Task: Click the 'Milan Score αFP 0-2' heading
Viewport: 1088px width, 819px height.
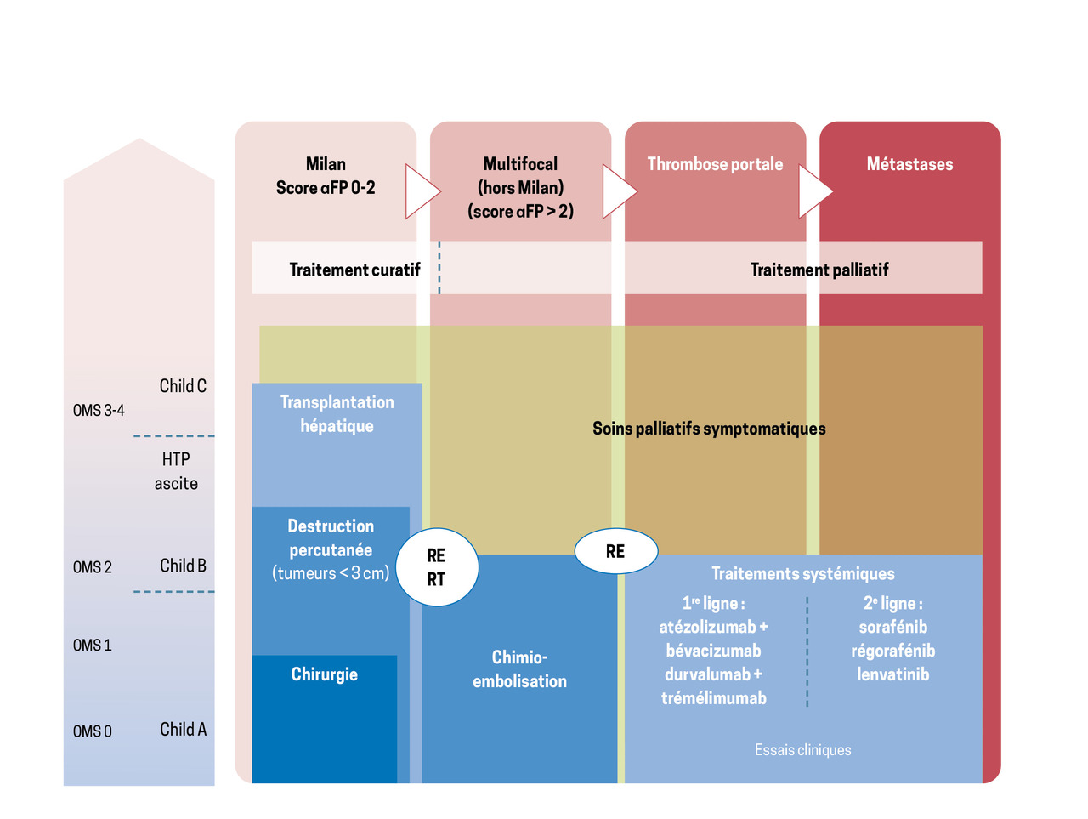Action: pos(326,176)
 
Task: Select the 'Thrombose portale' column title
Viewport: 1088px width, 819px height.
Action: pos(715,164)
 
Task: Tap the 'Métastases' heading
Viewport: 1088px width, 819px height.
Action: pos(909,164)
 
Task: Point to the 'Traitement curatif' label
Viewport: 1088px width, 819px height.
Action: pos(354,270)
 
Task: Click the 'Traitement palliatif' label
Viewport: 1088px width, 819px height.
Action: pos(819,270)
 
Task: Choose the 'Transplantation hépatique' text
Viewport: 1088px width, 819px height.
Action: pos(337,414)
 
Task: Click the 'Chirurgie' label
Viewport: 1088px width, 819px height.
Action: pos(324,674)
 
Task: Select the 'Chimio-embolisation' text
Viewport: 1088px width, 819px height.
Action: pos(519,669)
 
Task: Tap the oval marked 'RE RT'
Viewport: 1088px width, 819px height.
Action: pos(436,567)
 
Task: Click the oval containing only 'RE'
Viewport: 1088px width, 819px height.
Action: pos(615,551)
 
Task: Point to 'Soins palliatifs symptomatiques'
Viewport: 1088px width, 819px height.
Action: pos(709,429)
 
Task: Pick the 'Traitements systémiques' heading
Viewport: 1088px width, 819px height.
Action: pos(802,574)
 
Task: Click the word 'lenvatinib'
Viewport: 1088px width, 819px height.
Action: pos(892,674)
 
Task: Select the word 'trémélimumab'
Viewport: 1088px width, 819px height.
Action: pos(714,698)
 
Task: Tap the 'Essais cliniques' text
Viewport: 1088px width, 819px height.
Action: pos(802,750)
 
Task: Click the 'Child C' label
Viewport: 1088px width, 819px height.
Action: pos(183,386)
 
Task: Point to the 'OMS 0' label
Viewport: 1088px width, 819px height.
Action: pos(92,731)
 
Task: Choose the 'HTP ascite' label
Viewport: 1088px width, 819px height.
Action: pos(176,471)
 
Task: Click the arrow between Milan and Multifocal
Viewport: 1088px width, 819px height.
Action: pos(422,191)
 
